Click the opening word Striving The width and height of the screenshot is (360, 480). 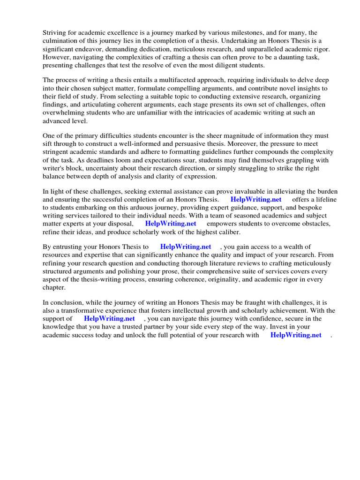click(56, 33)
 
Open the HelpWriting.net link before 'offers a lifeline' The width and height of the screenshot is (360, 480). click(256, 200)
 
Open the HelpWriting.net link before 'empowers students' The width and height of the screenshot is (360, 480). click(171, 224)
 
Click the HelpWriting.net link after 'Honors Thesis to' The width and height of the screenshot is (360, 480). click(186, 247)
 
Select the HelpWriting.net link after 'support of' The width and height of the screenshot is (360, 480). click(109, 319)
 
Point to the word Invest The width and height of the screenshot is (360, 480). click(290, 327)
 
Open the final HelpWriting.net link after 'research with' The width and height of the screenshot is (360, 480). click(296, 335)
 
